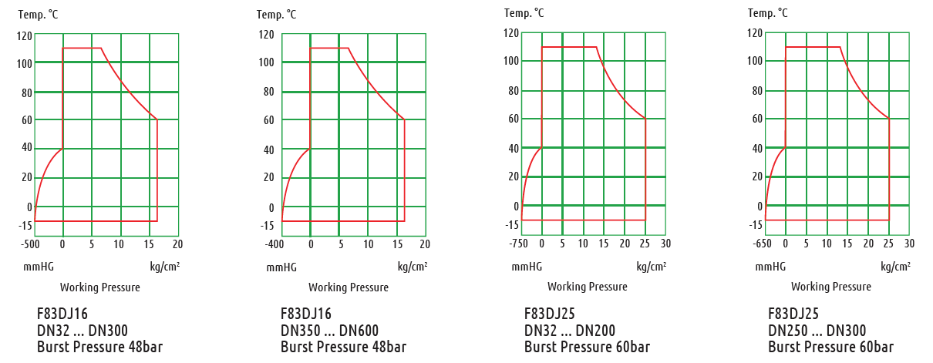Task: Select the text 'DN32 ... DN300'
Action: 83,330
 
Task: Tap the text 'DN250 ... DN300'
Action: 817,330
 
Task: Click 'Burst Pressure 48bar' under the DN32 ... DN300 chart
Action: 99,347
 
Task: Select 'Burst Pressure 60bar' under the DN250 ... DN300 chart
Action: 830,347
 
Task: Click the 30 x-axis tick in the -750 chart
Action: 665,244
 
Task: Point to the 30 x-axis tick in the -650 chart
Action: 909,244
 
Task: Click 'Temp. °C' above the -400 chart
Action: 276,14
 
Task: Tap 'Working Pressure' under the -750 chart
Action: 587,287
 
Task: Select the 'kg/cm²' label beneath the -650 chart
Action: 894,267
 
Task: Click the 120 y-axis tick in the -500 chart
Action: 24,35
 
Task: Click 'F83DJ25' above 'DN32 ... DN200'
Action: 550,313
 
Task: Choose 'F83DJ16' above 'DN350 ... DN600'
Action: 306,313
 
